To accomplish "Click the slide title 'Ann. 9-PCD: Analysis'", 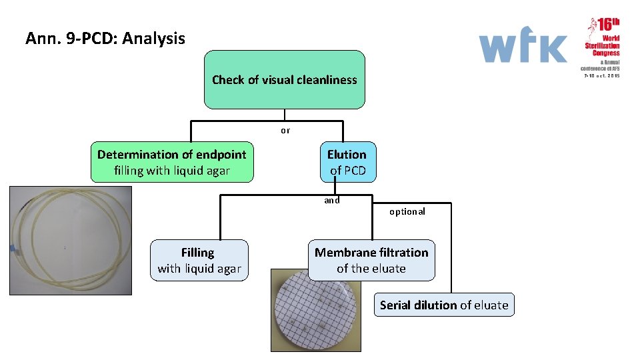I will [x=105, y=39].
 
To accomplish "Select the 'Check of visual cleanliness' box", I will [x=284, y=80].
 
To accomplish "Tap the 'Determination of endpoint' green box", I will [x=172, y=162].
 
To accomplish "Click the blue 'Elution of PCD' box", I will [x=347, y=162].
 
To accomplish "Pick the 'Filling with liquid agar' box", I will [x=199, y=261].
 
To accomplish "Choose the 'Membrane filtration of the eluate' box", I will [x=371, y=260].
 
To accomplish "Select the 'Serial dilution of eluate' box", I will [x=444, y=305].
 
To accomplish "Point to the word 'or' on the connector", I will [x=285, y=131].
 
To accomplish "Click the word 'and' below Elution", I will [x=332, y=200].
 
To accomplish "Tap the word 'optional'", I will [x=407, y=211].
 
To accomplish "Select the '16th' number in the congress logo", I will [x=608, y=25].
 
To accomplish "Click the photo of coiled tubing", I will [x=70, y=240].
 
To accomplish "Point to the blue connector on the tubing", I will [x=13, y=249].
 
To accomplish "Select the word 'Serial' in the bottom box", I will [x=395, y=305].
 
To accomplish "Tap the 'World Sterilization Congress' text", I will [x=603, y=46].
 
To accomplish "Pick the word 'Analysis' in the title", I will [x=154, y=39].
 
